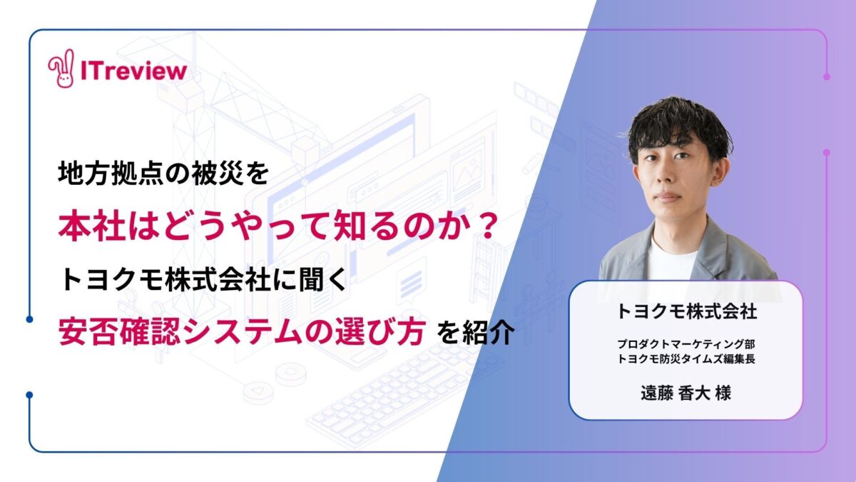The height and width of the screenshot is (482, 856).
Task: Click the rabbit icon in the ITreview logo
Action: [x=61, y=69]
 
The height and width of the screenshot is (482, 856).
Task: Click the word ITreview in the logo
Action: [x=134, y=71]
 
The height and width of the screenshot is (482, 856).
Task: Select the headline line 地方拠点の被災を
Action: [x=163, y=174]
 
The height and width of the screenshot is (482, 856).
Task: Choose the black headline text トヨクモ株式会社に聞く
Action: [x=203, y=279]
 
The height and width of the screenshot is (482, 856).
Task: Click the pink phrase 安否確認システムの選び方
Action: [x=243, y=331]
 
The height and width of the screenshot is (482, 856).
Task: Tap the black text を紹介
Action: [x=476, y=332]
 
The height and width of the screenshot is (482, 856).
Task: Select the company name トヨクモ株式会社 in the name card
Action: [x=686, y=311]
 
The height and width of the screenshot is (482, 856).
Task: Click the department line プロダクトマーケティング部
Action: [x=686, y=344]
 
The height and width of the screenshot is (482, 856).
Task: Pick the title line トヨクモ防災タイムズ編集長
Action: [x=686, y=359]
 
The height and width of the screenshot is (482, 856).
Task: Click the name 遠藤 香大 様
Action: [x=686, y=393]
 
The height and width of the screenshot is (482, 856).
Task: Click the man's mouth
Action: [x=668, y=196]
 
